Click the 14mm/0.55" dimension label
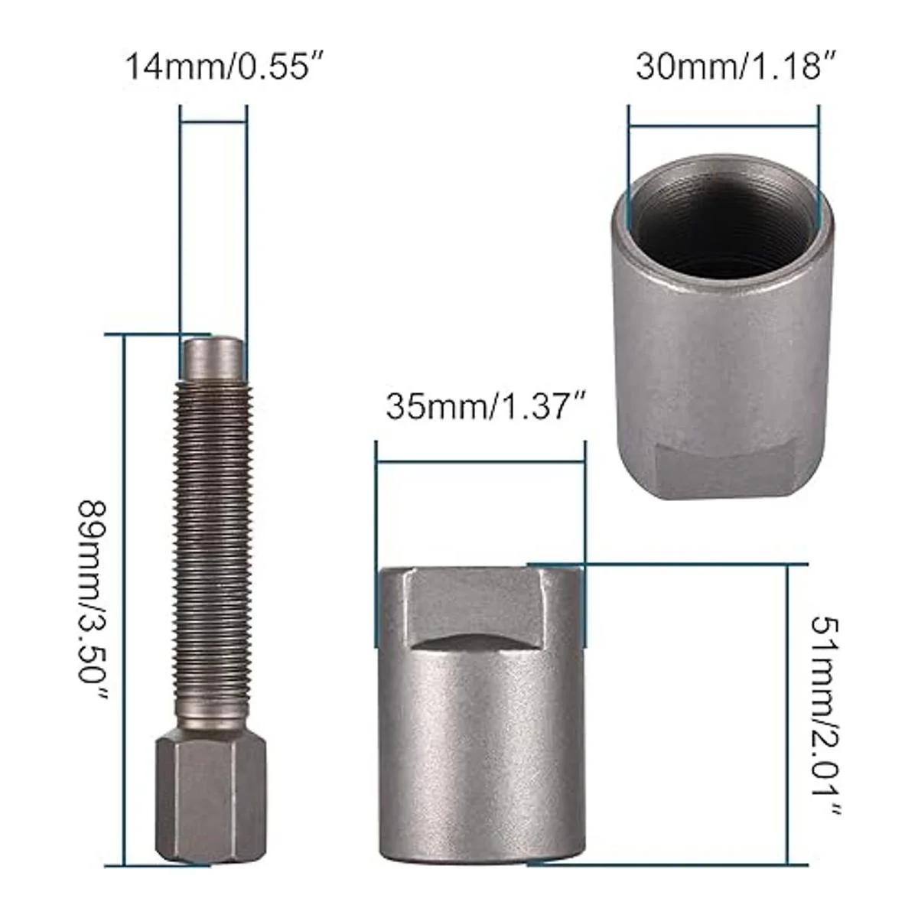click(x=226, y=67)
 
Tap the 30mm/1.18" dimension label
click(x=737, y=67)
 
